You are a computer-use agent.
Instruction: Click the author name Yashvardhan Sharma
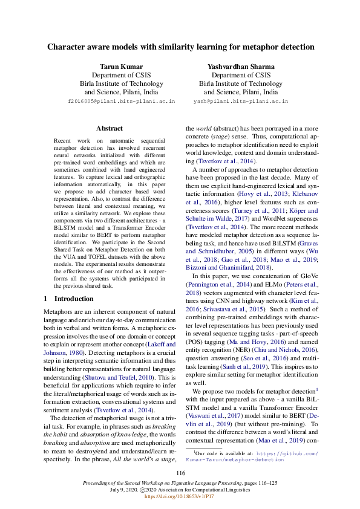[241, 66]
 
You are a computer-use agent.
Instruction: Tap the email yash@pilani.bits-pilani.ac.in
[241, 102]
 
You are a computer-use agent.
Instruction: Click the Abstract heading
[110, 128]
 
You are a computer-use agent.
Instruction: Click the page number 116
[180, 473]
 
